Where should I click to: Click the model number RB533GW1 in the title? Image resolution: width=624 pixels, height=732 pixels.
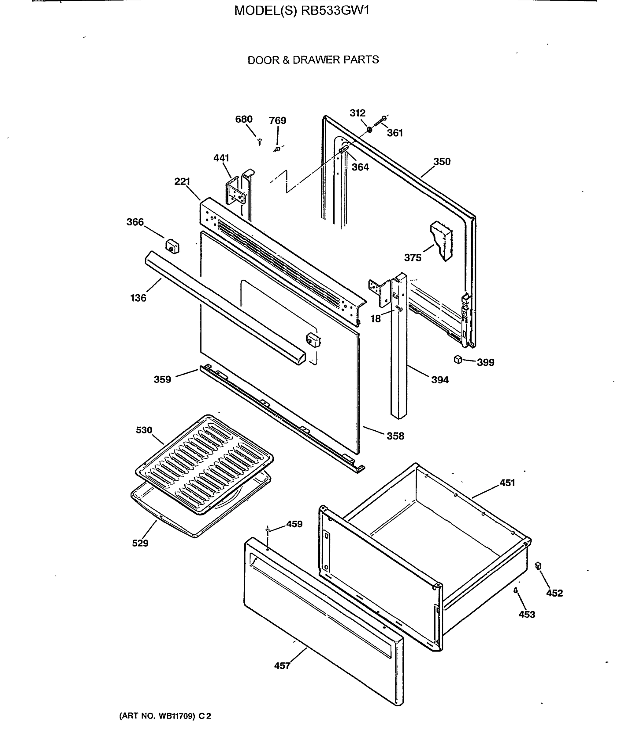coord(335,11)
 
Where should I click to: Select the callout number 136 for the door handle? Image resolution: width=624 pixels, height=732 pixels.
coord(138,298)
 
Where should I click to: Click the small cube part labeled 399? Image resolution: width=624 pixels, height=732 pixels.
coord(458,360)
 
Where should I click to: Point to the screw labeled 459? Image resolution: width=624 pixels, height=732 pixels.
coord(268,529)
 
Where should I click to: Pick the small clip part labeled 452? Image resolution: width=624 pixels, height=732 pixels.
coord(538,566)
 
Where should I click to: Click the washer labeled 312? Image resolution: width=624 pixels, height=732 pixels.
coord(370,130)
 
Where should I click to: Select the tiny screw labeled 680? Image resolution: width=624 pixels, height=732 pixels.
coord(260,142)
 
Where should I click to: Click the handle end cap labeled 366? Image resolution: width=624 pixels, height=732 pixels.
coord(172,246)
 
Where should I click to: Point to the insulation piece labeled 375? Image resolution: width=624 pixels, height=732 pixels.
coord(442,240)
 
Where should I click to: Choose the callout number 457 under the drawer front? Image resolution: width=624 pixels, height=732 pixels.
coord(282,666)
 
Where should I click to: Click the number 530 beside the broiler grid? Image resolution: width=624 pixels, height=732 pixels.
coord(144,430)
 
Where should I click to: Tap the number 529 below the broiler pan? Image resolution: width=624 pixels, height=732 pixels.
coord(140,543)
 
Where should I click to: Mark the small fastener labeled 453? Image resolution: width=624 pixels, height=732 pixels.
coord(515,590)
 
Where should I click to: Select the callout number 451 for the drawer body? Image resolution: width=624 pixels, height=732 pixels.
coord(507,483)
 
